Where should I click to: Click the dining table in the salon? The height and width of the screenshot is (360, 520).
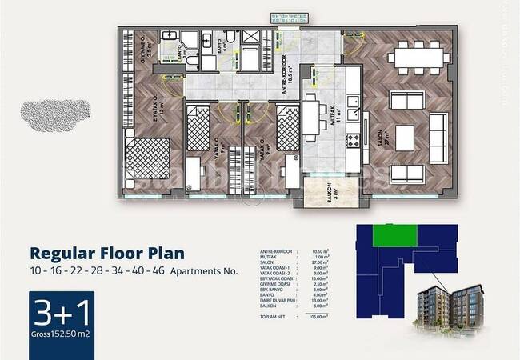(x=414, y=58)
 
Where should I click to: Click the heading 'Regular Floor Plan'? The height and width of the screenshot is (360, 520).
(x=106, y=254)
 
